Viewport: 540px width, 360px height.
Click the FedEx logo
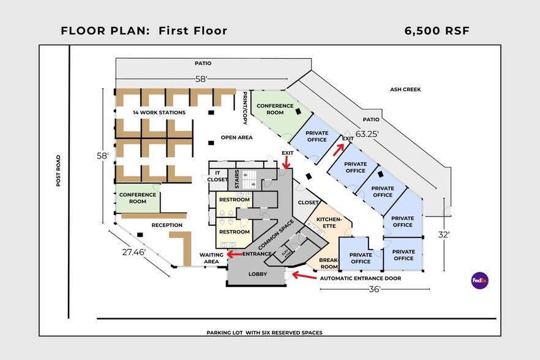click(479, 280)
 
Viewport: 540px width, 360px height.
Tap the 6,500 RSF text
click(437, 31)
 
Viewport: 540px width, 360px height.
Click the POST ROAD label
click(59, 171)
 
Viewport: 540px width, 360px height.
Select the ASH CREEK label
click(405, 89)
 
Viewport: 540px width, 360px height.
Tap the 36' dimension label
click(375, 289)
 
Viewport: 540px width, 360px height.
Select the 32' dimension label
click(444, 234)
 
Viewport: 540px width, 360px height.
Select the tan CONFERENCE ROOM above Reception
click(137, 198)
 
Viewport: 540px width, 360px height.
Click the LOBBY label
click(257, 274)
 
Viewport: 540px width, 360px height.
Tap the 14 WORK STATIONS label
click(159, 113)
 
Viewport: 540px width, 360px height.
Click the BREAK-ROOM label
click(329, 263)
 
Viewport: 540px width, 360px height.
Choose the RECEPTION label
click(168, 225)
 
